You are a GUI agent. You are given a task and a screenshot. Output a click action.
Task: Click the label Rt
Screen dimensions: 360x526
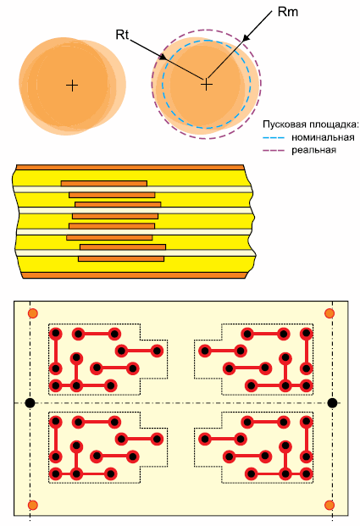click(x=122, y=35)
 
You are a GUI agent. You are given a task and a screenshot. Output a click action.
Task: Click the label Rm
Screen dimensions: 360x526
click(x=288, y=12)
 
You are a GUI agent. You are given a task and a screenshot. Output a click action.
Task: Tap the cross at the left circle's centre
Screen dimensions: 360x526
click(x=72, y=86)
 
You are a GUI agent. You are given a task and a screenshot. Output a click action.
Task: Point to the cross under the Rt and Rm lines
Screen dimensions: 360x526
click(x=207, y=84)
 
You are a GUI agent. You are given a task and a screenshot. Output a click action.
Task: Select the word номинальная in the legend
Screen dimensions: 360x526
click(x=323, y=137)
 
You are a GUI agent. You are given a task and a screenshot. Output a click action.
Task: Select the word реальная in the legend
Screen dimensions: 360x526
click(x=313, y=150)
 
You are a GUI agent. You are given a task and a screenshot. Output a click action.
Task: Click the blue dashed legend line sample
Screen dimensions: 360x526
click(x=274, y=137)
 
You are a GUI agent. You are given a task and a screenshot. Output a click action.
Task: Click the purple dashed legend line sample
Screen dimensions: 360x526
click(x=274, y=150)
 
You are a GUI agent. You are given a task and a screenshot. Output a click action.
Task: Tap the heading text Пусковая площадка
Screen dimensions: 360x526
click(x=311, y=125)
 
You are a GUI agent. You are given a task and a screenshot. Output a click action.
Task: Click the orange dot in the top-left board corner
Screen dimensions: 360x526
click(x=32, y=313)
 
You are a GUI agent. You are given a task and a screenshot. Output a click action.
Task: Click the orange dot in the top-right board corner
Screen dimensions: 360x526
click(x=330, y=313)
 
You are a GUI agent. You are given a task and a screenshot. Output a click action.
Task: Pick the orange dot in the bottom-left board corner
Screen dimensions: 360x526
click(x=32, y=505)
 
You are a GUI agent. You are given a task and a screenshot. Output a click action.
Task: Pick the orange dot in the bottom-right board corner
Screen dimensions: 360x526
click(x=330, y=505)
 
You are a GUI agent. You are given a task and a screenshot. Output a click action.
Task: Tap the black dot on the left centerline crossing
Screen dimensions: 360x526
click(x=30, y=403)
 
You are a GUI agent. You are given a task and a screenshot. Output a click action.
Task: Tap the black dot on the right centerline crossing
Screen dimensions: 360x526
click(x=332, y=403)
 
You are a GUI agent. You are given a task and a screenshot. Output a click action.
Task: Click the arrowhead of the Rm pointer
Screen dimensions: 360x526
click(x=246, y=37)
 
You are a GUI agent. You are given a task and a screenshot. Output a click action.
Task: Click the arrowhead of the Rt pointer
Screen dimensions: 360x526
click(x=163, y=57)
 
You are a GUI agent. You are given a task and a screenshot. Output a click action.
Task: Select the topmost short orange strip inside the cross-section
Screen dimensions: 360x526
click(x=104, y=183)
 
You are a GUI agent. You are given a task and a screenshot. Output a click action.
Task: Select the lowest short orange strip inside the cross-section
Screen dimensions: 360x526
click(x=121, y=258)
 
